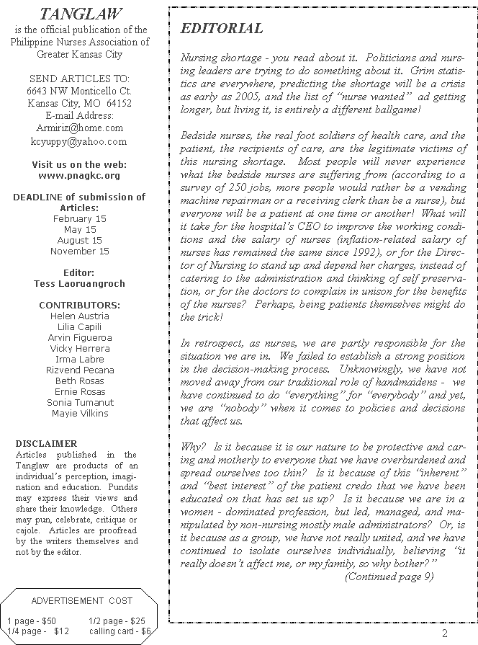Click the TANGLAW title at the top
(80, 14)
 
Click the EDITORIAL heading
(221, 29)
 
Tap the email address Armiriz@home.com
(79, 128)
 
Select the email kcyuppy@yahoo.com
(78, 141)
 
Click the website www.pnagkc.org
(79, 175)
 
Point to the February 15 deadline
(79, 218)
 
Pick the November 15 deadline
(79, 252)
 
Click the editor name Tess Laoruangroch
(79, 283)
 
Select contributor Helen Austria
(79, 316)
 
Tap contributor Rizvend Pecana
(79, 370)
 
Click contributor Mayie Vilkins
(79, 414)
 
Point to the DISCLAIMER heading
(46, 444)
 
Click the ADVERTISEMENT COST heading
(82, 601)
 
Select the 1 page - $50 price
(31, 620)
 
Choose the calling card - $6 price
(120, 631)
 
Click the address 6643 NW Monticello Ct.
(79, 92)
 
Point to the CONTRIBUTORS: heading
(79, 305)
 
